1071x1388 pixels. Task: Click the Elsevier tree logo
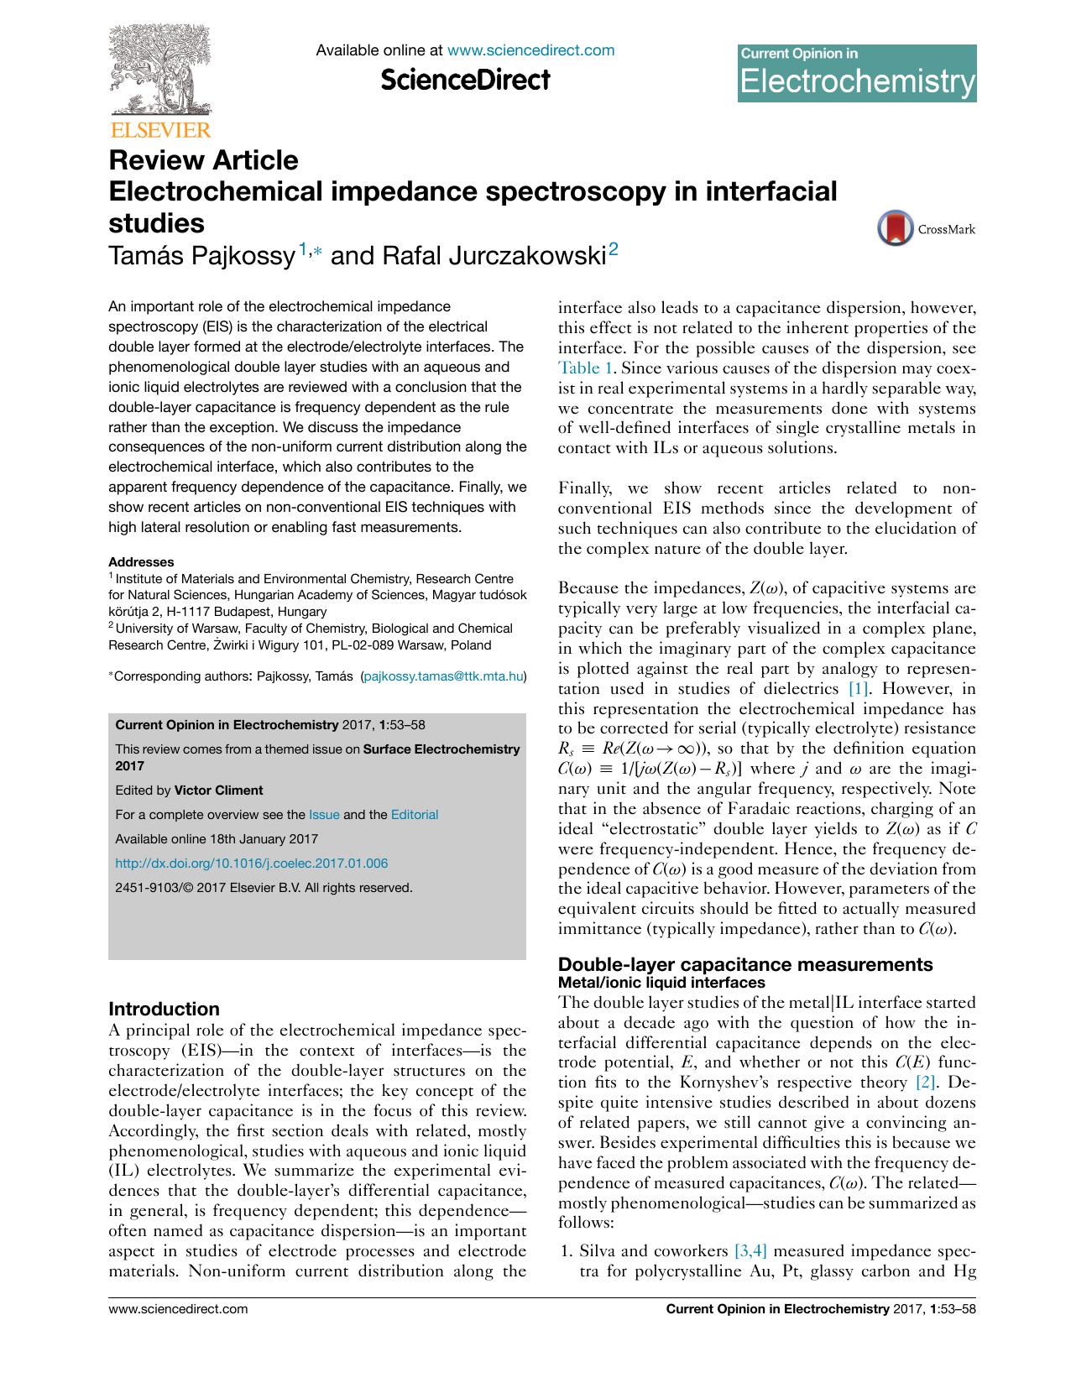(x=159, y=74)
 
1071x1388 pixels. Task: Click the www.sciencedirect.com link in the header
(x=530, y=50)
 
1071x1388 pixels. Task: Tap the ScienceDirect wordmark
(x=465, y=81)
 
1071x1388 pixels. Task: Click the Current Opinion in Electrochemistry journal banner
(x=856, y=73)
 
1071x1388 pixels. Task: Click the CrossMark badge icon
(x=895, y=228)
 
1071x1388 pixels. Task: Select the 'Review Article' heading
(x=203, y=159)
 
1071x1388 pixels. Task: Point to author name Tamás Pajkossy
(x=201, y=255)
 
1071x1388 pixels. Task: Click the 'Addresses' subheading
(x=141, y=562)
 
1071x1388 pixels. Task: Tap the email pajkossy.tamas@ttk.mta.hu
(x=443, y=676)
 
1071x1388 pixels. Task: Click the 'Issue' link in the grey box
(x=324, y=815)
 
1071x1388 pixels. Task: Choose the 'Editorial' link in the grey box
(x=415, y=815)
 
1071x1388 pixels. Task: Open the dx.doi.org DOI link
(x=251, y=864)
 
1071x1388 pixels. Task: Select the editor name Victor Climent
(x=218, y=791)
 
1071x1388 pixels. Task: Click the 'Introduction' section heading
(x=164, y=1009)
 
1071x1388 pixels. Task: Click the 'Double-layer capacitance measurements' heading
(x=745, y=964)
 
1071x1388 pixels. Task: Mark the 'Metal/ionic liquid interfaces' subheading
(x=661, y=982)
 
